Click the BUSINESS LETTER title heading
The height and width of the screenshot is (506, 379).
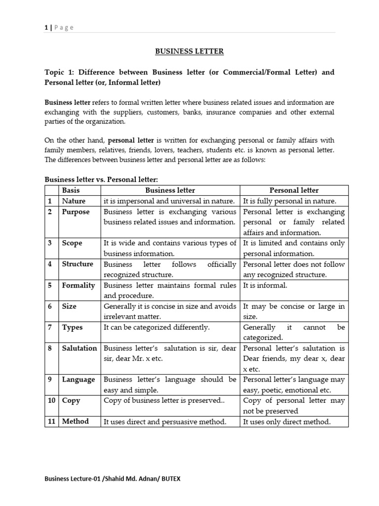click(189, 51)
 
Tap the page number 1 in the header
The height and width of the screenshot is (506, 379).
click(46, 28)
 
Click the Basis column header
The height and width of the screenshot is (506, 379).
click(71, 190)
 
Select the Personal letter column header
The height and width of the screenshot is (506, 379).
click(294, 190)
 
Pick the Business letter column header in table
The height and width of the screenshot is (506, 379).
click(170, 190)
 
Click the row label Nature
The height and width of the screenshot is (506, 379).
click(74, 201)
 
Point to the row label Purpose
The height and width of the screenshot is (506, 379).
click(76, 212)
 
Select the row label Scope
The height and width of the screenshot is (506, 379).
click(72, 243)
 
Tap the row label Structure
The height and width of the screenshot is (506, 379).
click(77, 264)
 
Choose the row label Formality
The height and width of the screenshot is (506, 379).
click(78, 285)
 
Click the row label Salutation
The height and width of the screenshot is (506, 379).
click(79, 348)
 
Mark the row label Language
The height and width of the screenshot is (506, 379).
click(78, 379)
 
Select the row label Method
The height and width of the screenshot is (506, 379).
click(76, 422)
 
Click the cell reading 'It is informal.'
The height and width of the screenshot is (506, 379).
click(265, 285)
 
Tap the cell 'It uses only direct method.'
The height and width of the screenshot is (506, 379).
click(287, 422)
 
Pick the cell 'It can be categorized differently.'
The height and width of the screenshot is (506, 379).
click(156, 327)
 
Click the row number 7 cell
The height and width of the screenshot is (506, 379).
click(50, 327)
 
